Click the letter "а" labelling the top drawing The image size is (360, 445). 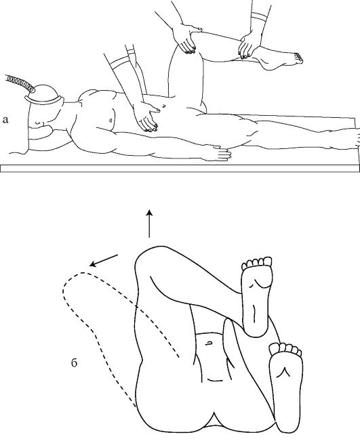point(5,120)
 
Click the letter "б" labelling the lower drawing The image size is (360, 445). point(74,362)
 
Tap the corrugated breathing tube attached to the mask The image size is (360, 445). point(19,83)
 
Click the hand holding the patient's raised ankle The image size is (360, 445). point(249,45)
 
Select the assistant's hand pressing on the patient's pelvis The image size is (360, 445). point(147,116)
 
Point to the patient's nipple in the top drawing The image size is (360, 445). point(110,121)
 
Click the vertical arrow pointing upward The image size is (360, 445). point(149,224)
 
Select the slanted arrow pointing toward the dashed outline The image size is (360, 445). point(104,261)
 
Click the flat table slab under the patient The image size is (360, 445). point(180,168)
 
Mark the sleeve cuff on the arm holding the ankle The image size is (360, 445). point(258,18)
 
